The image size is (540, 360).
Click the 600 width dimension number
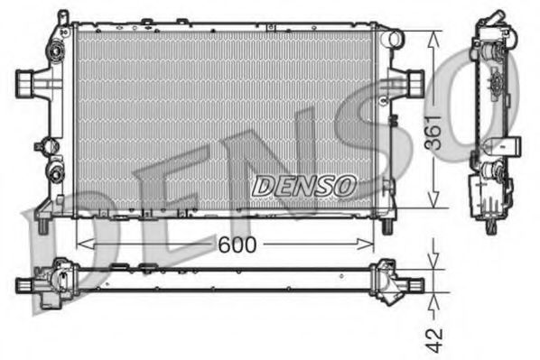pos(236,245)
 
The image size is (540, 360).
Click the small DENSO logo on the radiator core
pos(303,185)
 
